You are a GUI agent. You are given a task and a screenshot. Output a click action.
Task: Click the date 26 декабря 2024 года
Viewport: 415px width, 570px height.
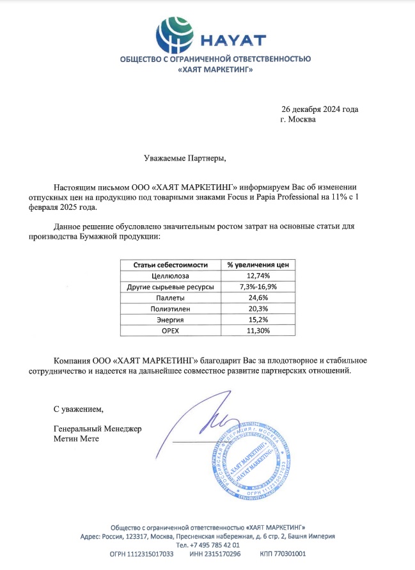point(320,109)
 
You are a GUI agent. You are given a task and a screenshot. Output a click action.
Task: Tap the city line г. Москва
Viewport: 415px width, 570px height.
point(297,120)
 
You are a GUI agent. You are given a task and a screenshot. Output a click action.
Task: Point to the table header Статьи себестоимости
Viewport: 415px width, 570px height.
point(171,265)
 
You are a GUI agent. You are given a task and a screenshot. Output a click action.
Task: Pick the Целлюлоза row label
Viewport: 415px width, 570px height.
point(171,276)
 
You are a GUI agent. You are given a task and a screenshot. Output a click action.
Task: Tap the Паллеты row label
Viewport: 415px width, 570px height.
point(171,297)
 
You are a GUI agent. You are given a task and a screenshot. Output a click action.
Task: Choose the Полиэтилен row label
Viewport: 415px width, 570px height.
point(171,308)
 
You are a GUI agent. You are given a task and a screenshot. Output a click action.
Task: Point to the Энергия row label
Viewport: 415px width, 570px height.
point(171,319)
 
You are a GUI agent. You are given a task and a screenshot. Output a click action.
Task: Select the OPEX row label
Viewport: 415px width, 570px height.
point(171,330)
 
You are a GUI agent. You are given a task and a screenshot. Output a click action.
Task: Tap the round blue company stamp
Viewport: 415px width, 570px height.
point(246,457)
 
